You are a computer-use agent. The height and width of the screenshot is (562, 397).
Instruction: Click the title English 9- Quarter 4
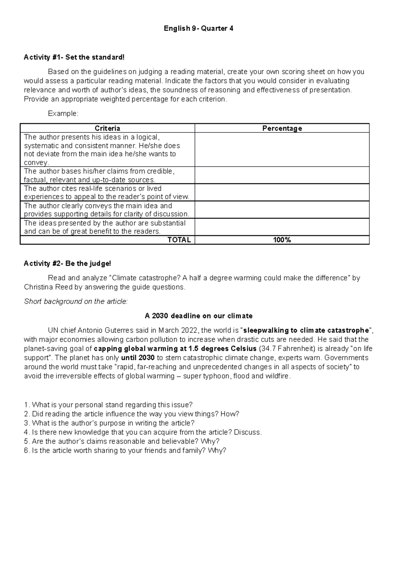point(198,28)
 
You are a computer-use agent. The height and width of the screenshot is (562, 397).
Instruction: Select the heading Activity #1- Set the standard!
point(74,57)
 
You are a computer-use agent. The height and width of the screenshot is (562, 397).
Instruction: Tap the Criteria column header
point(107,128)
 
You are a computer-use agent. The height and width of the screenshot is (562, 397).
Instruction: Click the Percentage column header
point(282,128)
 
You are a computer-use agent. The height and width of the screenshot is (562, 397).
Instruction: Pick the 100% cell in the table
point(282,240)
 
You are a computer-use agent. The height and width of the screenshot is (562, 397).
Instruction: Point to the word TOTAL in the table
point(179,240)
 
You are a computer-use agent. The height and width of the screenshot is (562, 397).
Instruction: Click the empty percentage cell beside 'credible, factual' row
point(282,175)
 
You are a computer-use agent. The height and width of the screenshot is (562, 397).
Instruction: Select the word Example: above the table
point(63,114)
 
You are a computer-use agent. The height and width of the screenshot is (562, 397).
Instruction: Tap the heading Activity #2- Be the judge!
point(67,263)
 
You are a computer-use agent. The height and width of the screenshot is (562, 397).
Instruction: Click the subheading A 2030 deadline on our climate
point(198,316)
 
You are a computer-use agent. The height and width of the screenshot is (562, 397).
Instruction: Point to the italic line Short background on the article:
point(76,301)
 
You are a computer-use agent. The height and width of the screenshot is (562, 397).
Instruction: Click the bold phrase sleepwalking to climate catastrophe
point(306,330)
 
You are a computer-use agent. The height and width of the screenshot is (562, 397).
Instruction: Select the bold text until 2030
point(138,358)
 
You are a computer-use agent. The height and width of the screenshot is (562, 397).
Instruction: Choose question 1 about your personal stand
point(109,405)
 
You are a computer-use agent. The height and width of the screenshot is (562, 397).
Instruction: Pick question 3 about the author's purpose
point(110,423)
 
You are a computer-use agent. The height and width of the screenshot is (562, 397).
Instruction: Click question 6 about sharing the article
point(125,450)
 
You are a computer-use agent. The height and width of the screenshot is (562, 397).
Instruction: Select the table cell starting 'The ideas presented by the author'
point(107,227)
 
